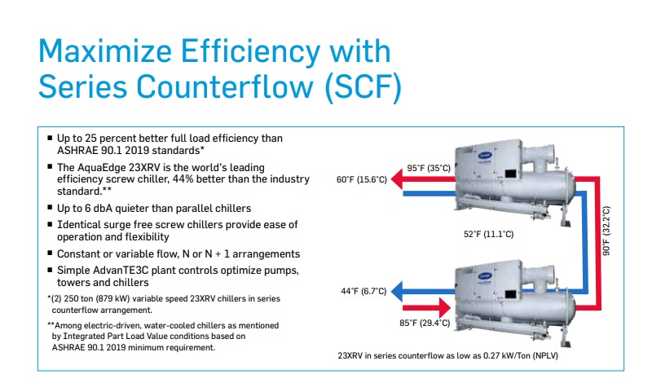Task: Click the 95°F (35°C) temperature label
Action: click(x=428, y=168)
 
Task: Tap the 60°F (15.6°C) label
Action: click(x=361, y=179)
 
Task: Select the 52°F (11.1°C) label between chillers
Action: click(x=488, y=234)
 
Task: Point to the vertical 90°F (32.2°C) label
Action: click(x=606, y=231)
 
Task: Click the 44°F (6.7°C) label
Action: click(x=364, y=291)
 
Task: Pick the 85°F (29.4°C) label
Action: click(x=425, y=323)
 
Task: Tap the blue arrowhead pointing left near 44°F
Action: click(x=397, y=291)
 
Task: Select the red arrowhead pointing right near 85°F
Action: click(x=445, y=307)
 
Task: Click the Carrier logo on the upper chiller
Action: click(x=485, y=156)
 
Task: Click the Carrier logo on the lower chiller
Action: click(x=485, y=276)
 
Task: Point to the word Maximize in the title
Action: click(x=105, y=51)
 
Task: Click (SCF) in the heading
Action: click(x=363, y=87)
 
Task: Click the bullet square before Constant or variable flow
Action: click(x=50, y=253)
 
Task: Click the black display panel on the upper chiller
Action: click(x=510, y=174)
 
